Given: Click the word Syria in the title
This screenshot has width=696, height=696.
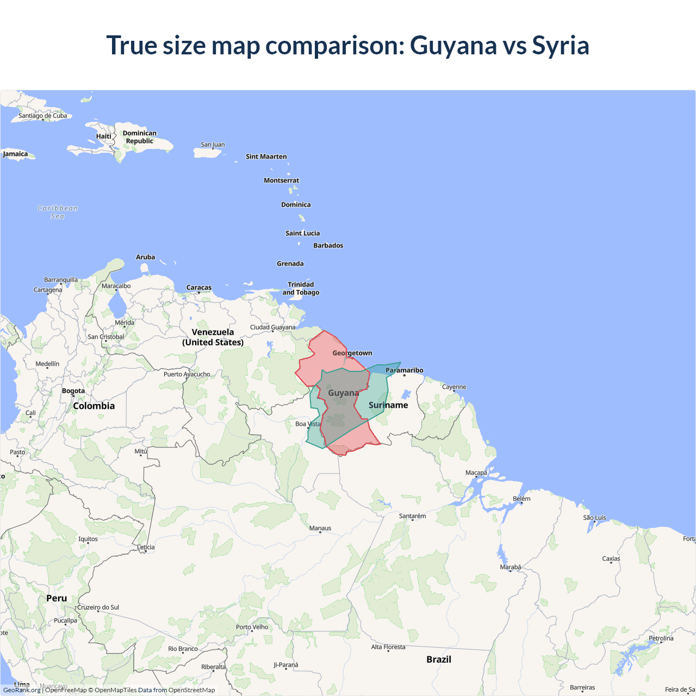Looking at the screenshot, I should pyautogui.click(x=560, y=45).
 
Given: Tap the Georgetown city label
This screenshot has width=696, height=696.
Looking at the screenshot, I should pyautogui.click(x=352, y=353).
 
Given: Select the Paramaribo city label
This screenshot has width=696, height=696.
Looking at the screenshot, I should pyautogui.click(x=404, y=370).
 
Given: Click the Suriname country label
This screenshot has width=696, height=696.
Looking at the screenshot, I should pyautogui.click(x=388, y=405).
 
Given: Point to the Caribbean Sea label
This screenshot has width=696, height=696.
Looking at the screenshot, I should pyautogui.click(x=58, y=212).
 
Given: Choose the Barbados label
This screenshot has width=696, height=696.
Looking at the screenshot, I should pyautogui.click(x=328, y=245).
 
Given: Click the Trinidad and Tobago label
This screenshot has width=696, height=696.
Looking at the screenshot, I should pyautogui.click(x=301, y=288).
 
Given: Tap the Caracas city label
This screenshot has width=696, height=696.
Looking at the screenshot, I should pyautogui.click(x=198, y=288).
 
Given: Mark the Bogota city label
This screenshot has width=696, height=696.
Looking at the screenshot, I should pyautogui.click(x=73, y=391).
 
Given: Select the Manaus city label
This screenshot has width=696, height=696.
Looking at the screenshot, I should pyautogui.click(x=320, y=528).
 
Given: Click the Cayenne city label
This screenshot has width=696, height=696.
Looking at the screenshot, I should pyautogui.click(x=454, y=387).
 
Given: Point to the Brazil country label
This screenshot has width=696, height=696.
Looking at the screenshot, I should pyautogui.click(x=438, y=659).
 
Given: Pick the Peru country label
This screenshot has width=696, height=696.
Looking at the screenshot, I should pyautogui.click(x=57, y=598).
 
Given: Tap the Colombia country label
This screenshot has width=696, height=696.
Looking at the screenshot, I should pyautogui.click(x=94, y=406).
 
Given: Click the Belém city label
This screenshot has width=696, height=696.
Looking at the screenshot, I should pyautogui.click(x=521, y=499).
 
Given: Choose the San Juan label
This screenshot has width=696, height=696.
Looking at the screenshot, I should pyautogui.click(x=213, y=145).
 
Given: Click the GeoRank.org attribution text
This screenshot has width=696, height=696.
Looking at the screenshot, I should pyautogui.click(x=22, y=690).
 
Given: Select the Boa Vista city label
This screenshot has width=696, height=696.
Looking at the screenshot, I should pyautogui.click(x=308, y=424).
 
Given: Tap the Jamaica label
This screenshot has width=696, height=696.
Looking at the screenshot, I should pyautogui.click(x=15, y=154).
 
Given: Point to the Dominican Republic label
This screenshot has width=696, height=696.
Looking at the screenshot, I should pyautogui.click(x=139, y=137).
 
